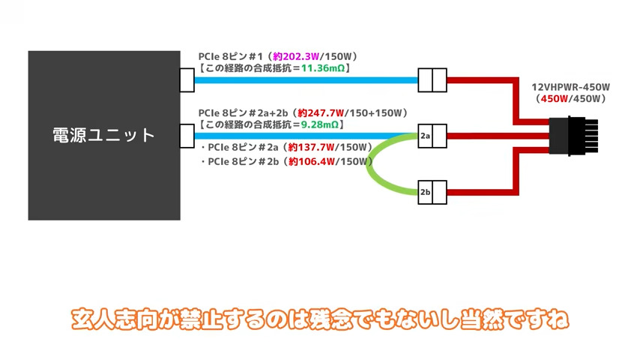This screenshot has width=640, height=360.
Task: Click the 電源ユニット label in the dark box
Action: click(x=104, y=136)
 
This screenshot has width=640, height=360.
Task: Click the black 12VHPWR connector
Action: click(x=568, y=136)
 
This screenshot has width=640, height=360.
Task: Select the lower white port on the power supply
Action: click(x=188, y=136)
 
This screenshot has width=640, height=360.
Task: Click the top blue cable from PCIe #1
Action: click(x=300, y=79)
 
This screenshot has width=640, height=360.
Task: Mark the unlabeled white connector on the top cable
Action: click(x=432, y=79)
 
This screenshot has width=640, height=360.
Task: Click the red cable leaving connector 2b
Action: click(x=487, y=192)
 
